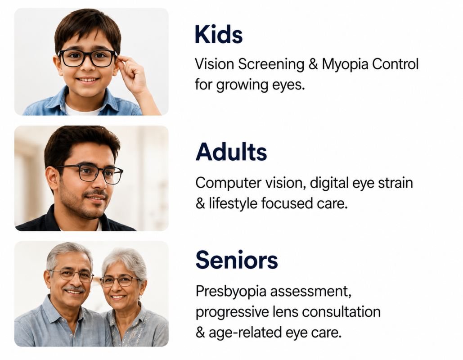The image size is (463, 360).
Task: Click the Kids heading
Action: click(219, 35)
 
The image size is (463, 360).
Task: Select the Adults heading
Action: click(231, 152)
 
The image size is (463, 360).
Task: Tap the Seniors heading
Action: click(237, 260)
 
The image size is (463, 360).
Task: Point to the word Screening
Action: click(271, 65)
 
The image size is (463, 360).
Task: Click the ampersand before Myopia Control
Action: click(313, 64)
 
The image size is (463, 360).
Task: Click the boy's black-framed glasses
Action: click(87, 58)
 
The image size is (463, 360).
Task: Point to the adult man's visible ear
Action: click(53, 178)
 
